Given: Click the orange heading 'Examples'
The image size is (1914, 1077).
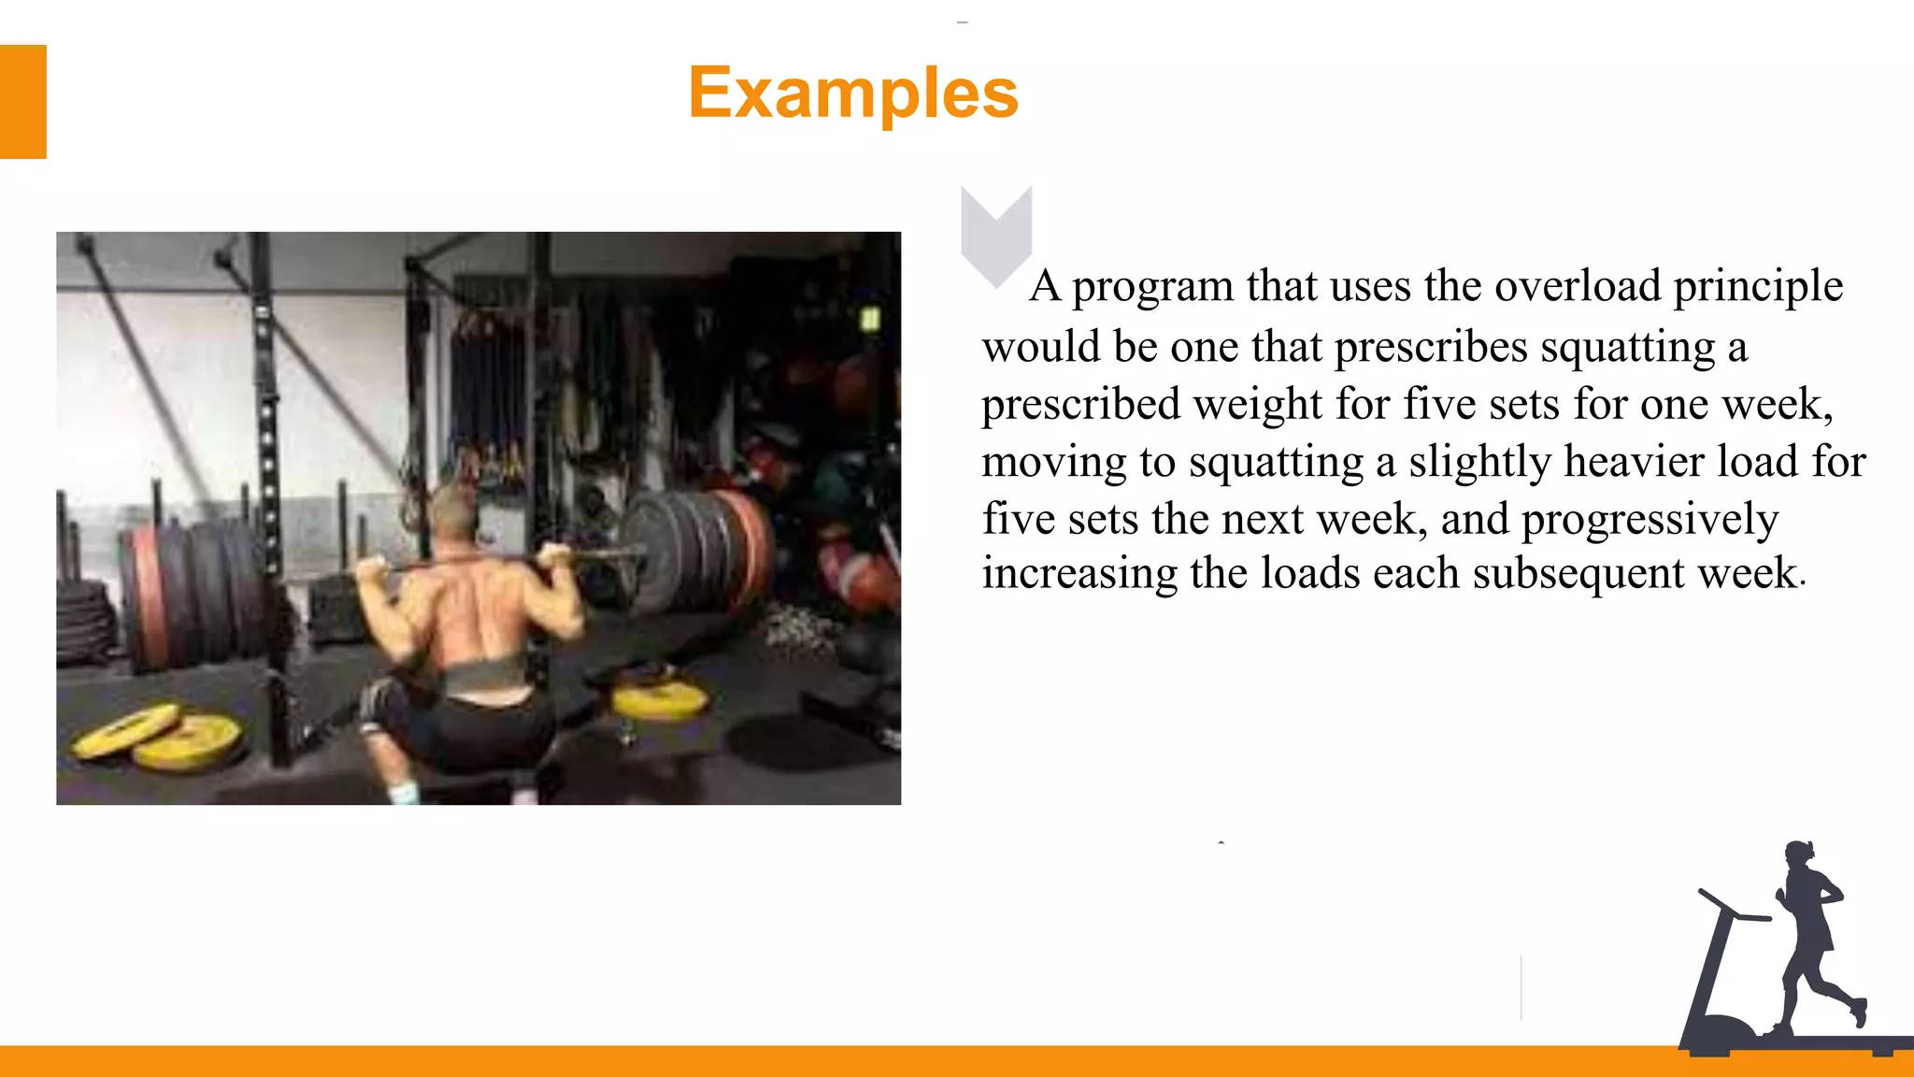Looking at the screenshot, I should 853,93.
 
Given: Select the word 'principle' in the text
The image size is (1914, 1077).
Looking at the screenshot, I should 1758,286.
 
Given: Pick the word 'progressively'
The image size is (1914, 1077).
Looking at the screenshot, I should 1650,520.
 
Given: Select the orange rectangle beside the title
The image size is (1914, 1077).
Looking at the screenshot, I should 22,102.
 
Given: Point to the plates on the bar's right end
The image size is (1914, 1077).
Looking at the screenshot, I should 696,552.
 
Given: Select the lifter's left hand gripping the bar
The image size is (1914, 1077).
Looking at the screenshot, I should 371,568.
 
